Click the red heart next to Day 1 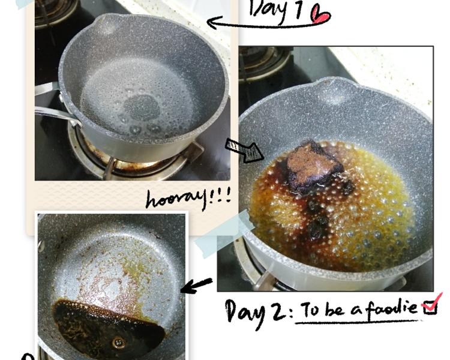pos(320,15)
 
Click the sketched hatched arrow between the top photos pos(244,150)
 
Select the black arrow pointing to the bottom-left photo pos(197,285)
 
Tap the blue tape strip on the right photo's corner pos(224,233)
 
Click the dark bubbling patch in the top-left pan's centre pos(142,108)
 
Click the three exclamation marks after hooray pos(221,196)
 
